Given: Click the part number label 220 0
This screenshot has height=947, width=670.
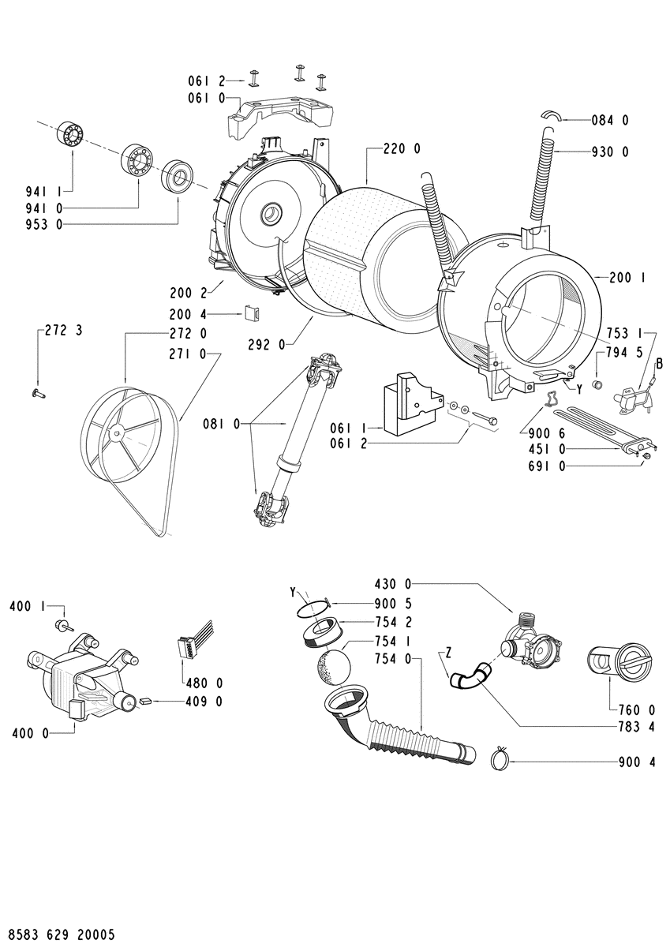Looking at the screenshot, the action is pyautogui.click(x=402, y=149).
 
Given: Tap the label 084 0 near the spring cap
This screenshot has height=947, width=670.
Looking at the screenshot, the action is pyautogui.click(x=610, y=121).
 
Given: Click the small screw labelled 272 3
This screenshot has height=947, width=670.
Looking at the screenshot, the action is pyautogui.click(x=38, y=394).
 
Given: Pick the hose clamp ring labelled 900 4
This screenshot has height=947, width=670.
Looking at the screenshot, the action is pyautogui.click(x=500, y=762).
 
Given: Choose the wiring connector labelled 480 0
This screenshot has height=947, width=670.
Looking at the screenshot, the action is pyautogui.click(x=193, y=643).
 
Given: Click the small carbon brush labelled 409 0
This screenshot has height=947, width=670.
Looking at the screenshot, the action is pyautogui.click(x=145, y=701).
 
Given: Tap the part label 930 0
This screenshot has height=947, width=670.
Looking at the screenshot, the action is pyautogui.click(x=610, y=152).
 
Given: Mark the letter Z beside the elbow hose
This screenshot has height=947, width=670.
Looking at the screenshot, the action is pyautogui.click(x=448, y=653).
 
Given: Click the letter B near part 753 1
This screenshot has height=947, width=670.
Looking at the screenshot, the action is pyautogui.click(x=660, y=363).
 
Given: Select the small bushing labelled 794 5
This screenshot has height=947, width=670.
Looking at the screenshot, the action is pyautogui.click(x=597, y=385).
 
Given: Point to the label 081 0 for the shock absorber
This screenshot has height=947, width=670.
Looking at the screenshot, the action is pyautogui.click(x=221, y=423).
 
